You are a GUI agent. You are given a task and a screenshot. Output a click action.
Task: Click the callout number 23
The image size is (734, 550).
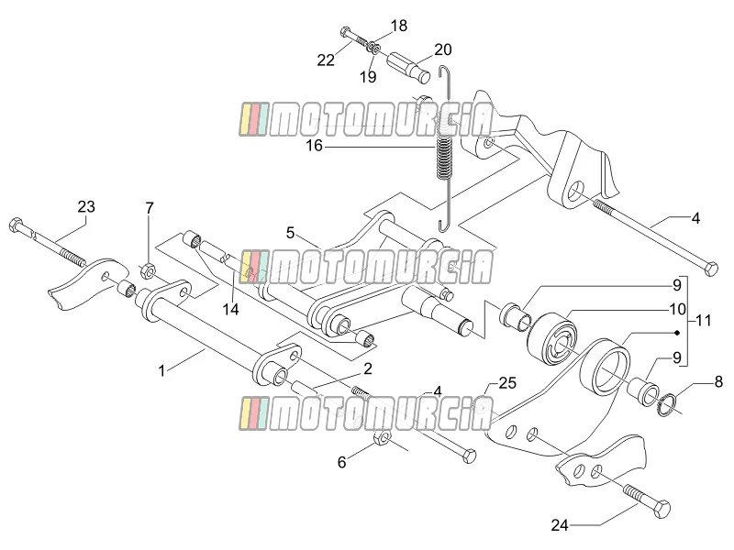(86, 207)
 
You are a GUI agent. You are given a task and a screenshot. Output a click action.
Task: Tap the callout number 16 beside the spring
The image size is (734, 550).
(315, 146)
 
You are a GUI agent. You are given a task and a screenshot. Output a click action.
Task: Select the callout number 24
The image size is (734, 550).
(560, 525)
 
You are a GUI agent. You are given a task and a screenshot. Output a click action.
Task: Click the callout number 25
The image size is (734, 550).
(507, 383)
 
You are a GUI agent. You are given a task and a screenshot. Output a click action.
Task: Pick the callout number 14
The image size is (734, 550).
(231, 309)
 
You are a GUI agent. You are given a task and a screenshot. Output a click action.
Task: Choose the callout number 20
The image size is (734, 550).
(443, 49)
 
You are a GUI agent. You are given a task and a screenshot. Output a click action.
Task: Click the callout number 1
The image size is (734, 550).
(162, 371)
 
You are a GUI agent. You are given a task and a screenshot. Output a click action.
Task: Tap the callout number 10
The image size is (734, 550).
(678, 309)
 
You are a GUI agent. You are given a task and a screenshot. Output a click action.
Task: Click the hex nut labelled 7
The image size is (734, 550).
(149, 270)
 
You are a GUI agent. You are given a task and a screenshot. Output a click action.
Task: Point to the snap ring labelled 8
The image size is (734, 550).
(667, 405)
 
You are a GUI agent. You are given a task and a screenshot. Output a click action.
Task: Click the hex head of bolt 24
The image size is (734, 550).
(661, 508)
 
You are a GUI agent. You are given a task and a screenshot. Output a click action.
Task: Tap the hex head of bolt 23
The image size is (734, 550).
(16, 225)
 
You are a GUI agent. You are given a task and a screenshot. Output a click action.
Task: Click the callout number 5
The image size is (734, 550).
(290, 233)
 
